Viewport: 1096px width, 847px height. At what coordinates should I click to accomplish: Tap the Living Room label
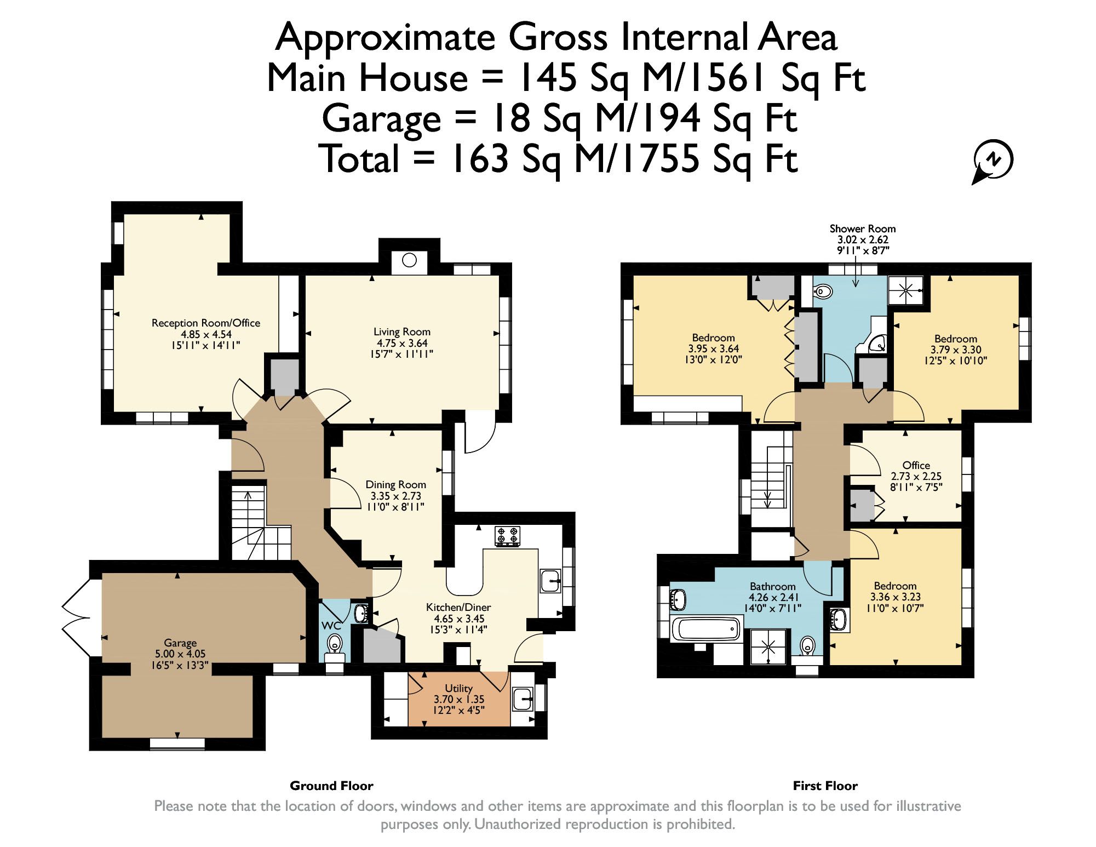(401, 331)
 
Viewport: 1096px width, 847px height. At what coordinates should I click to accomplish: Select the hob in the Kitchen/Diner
(508, 536)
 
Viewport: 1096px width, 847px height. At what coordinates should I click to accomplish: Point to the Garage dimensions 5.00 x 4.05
(180, 654)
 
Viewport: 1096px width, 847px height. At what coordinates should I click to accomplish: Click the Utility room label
(458, 688)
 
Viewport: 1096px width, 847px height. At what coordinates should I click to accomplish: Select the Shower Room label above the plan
(862, 229)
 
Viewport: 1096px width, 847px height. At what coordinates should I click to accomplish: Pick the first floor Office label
(916, 465)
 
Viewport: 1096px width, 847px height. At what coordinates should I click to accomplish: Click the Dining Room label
(395, 484)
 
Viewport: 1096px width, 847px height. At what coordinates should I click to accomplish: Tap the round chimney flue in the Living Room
(409, 260)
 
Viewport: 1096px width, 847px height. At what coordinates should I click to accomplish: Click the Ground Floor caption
(331, 786)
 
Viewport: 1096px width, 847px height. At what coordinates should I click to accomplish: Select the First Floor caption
(825, 786)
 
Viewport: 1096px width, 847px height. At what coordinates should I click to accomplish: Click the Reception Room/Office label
(205, 323)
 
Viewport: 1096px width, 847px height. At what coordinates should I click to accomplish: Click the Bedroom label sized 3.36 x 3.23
(895, 586)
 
